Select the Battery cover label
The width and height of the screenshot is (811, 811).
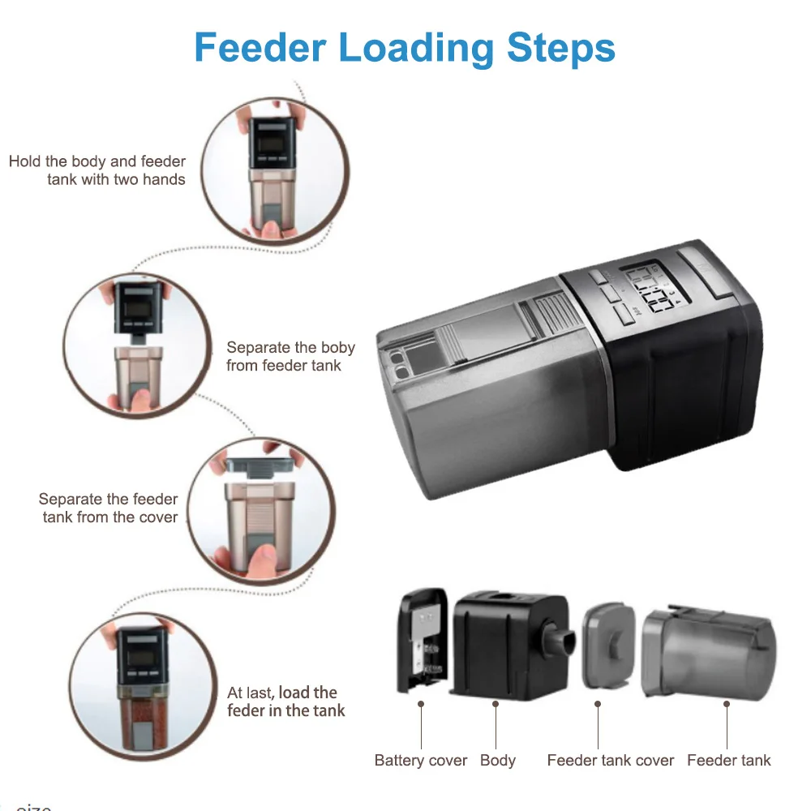coord(421,761)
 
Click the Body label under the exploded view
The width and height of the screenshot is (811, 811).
coord(497,761)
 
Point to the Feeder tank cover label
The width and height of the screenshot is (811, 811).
coord(611,761)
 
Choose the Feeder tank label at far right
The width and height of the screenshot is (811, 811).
coord(728,761)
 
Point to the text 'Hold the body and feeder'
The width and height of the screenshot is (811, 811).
coord(97,161)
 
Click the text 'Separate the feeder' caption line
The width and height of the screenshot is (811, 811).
coord(108,499)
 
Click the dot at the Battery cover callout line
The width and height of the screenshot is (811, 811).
coord(421,705)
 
